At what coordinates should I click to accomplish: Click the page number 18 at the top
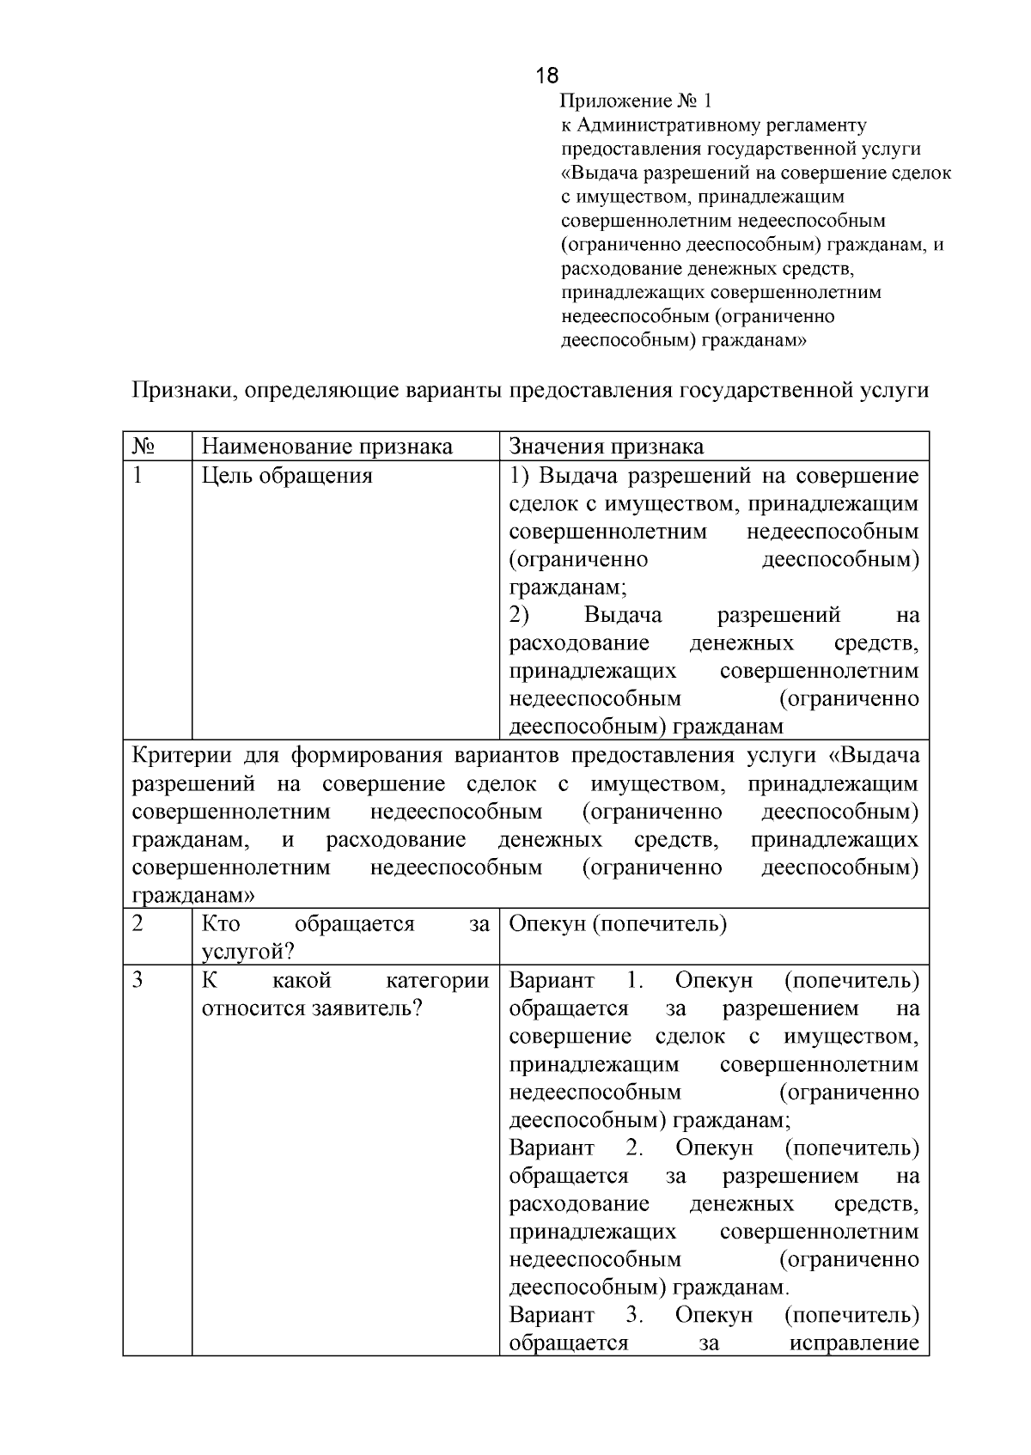[x=546, y=76]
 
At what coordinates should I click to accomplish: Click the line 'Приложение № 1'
[x=637, y=101]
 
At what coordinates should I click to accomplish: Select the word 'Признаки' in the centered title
[x=183, y=391]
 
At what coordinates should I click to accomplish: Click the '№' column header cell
[x=143, y=447]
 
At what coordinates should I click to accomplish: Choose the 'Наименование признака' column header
[x=326, y=447]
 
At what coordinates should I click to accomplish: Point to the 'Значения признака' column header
[x=606, y=447]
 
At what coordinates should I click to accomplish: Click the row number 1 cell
[x=137, y=475]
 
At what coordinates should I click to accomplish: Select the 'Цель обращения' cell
[x=287, y=475]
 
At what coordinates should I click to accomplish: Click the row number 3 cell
[x=137, y=980]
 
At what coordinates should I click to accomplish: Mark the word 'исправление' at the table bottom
[x=854, y=1342]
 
